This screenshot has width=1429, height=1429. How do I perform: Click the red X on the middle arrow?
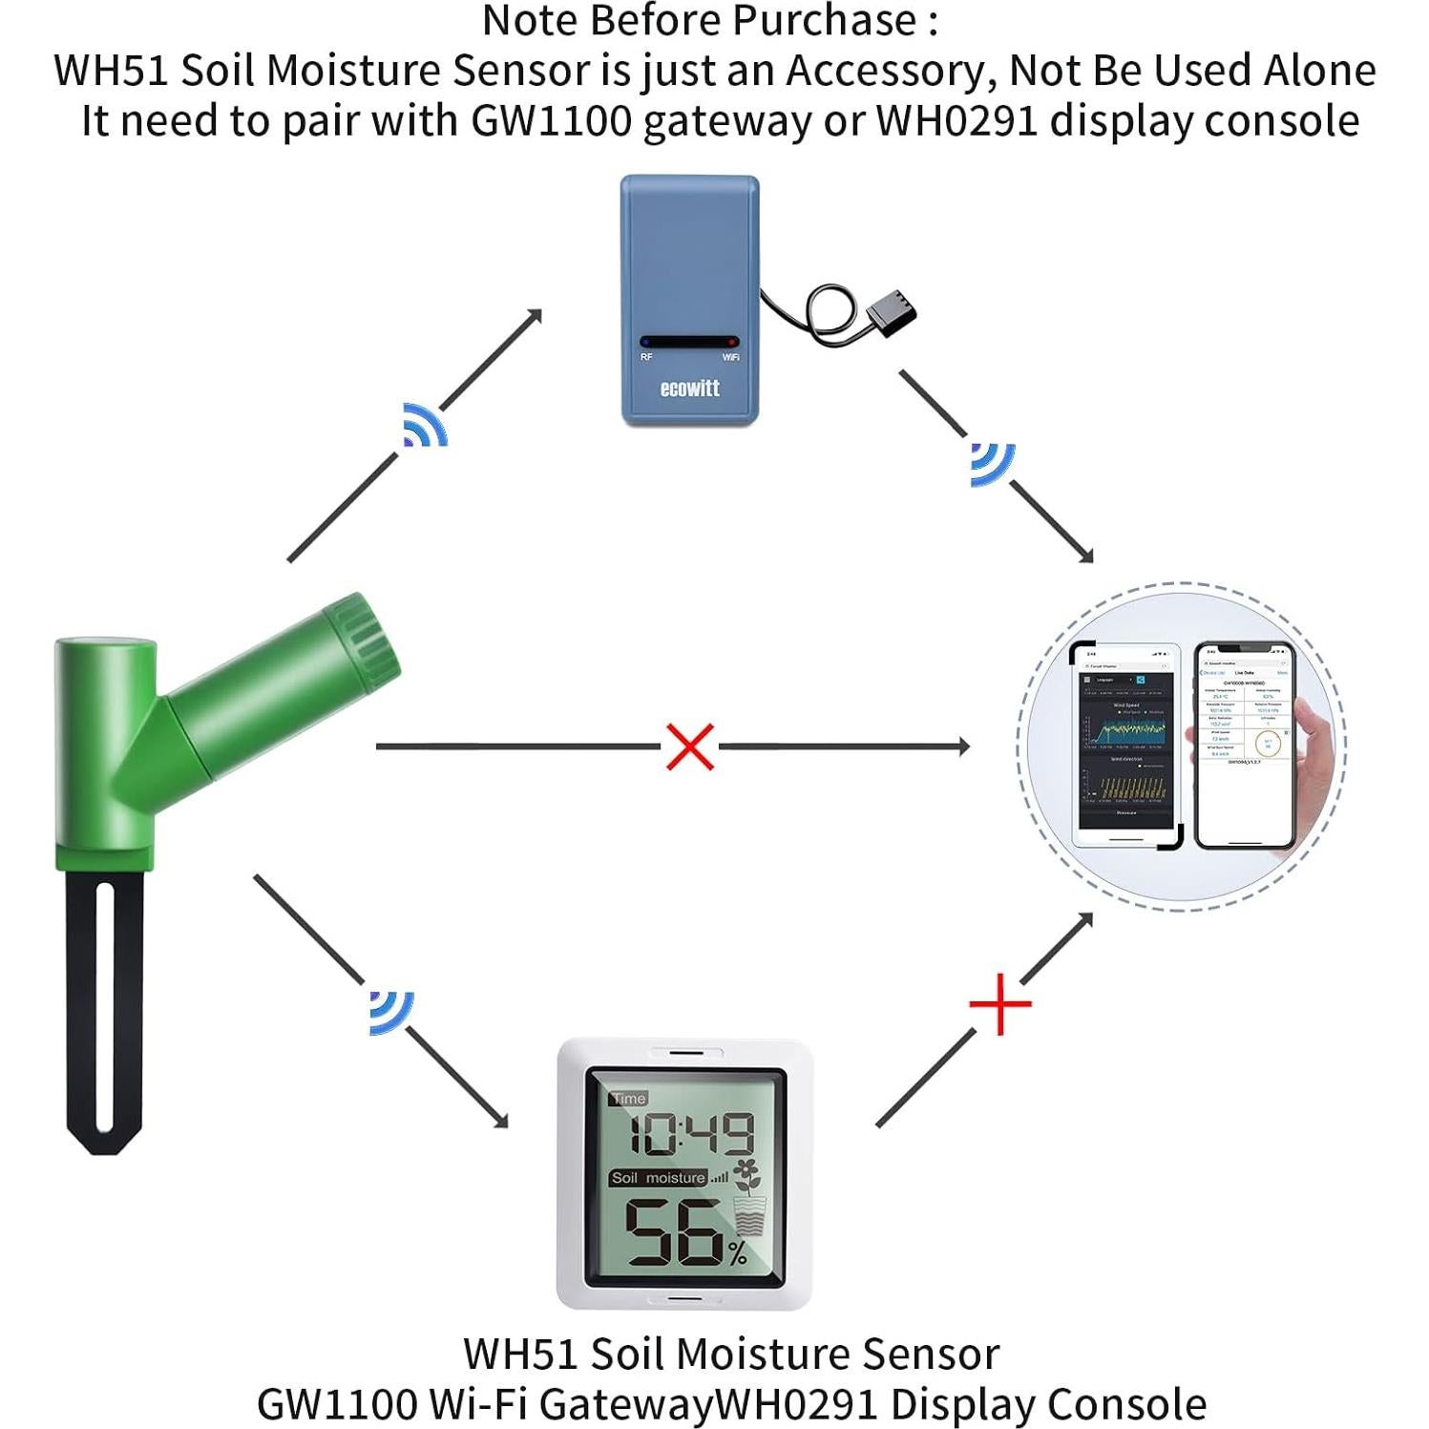click(x=690, y=746)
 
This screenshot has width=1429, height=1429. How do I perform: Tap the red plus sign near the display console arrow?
click(x=999, y=1004)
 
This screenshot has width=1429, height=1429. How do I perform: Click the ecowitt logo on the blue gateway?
click(x=689, y=389)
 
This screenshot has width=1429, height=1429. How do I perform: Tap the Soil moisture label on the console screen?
click(x=658, y=1178)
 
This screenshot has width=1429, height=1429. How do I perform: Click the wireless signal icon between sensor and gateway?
click(x=424, y=426)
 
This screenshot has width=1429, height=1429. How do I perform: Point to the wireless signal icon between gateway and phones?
click(x=992, y=464)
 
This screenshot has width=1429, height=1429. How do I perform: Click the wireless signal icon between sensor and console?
click(x=391, y=1012)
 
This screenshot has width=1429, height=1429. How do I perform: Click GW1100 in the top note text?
click(x=551, y=121)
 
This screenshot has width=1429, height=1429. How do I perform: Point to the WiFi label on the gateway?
click(x=730, y=357)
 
